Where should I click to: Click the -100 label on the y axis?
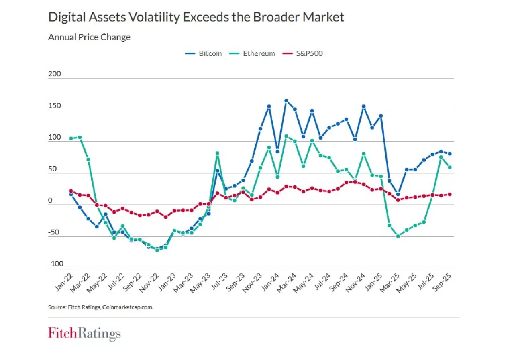[x=55, y=264]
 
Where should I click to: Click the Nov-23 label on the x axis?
[x=253, y=283]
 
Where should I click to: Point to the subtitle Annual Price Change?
[x=89, y=37]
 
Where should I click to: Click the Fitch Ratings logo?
[x=84, y=333]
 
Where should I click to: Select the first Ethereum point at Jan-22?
[x=71, y=138]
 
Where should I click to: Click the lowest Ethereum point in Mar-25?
[x=398, y=236]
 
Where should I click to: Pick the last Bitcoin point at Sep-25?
[x=450, y=154]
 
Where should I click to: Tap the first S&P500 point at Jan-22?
[x=71, y=191]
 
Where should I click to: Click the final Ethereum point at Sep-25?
[x=450, y=167]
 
